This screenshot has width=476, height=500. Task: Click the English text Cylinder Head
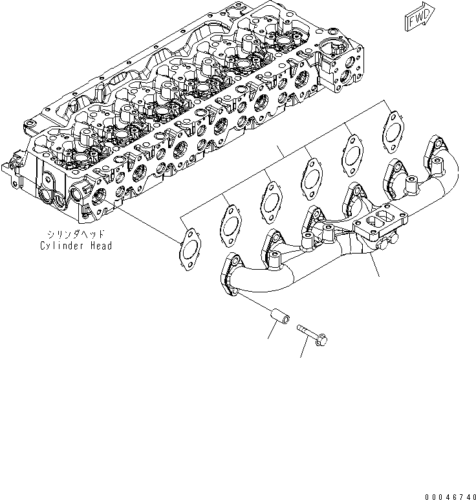coord(76,246)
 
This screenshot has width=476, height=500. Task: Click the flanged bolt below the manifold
coord(313,334)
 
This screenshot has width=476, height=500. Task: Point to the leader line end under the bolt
coord(301,356)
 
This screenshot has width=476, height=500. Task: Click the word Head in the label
coord(101,246)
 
